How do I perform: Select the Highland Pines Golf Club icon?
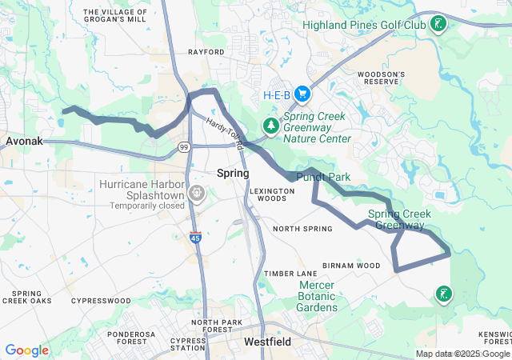coord(438,25)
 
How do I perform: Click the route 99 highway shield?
coord(184,146)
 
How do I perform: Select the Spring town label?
coord(233,173)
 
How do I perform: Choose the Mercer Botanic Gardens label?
coord(318,296)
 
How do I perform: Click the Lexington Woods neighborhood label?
coord(267,194)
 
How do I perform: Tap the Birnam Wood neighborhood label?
coord(351,266)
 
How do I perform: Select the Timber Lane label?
coord(291,274)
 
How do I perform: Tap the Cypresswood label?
coord(101,301)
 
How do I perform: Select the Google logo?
coord(26,350)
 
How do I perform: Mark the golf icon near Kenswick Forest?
coord(442,295)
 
